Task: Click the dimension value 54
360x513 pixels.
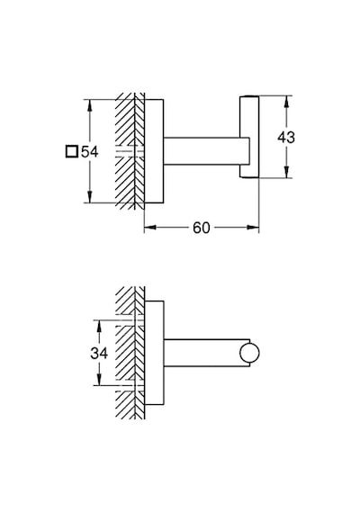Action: (89, 152)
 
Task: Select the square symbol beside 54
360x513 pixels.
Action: (72, 151)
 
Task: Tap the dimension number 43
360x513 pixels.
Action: (286, 137)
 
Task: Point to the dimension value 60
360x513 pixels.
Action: (201, 228)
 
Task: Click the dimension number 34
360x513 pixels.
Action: (99, 354)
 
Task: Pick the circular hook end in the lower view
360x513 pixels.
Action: (249, 354)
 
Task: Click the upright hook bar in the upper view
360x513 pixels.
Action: (249, 137)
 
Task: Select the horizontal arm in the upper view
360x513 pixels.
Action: (206, 151)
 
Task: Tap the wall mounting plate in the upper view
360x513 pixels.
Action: (154, 151)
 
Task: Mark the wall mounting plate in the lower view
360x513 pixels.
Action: (154, 353)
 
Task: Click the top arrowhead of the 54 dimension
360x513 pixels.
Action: (89, 104)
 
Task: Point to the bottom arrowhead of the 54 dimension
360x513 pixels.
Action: (89, 198)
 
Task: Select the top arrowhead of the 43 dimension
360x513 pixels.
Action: (287, 101)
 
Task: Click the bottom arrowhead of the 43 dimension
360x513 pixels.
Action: (287, 173)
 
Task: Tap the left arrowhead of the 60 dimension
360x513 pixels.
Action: (150, 228)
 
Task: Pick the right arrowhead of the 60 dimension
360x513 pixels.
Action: (253, 228)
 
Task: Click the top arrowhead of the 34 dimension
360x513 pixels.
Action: (99, 325)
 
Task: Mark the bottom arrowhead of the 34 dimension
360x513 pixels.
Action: (99, 380)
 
